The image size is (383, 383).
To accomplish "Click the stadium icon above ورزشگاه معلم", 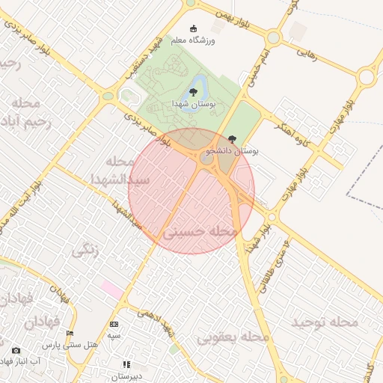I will [x=195, y=28].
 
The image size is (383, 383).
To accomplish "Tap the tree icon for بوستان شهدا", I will [x=194, y=93].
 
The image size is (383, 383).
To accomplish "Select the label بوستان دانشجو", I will [x=236, y=151].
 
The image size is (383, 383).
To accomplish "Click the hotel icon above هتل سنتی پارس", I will [x=70, y=334].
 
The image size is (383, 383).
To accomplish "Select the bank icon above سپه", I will [x=114, y=324].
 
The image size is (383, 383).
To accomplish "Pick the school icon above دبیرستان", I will [x=126, y=364].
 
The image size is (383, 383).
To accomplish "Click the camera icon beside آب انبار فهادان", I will [x=16, y=350].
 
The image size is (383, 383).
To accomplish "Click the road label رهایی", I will [x=308, y=54].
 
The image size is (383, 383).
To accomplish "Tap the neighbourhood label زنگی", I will [x=85, y=251].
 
